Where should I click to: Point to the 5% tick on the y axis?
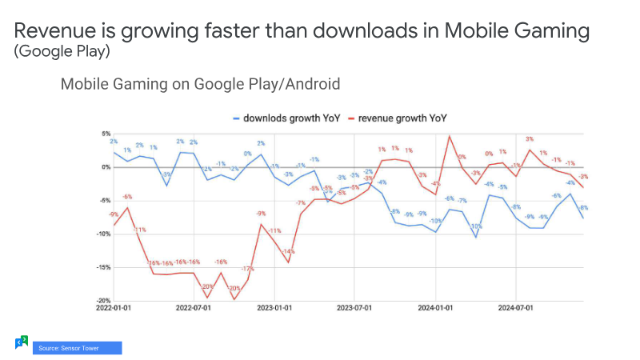pos(106,134)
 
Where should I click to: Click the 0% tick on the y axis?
pos(106,167)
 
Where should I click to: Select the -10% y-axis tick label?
pos(104,234)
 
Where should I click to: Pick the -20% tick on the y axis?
pos(104,301)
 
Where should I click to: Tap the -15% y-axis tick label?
pos(104,268)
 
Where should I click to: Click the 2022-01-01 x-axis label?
pos(115,307)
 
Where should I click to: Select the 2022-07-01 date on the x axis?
pos(194,307)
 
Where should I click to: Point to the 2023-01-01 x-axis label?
pos(274,307)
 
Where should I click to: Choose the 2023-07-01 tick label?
pos(354,307)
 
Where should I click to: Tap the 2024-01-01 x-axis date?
pos(436,307)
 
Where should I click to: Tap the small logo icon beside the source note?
pos(22,342)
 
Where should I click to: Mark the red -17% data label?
pos(247,269)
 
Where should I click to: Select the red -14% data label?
pos(288,252)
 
